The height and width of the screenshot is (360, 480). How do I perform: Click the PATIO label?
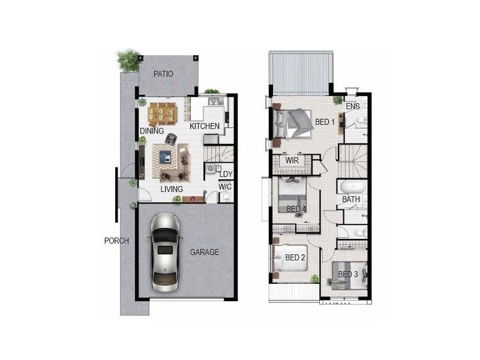pos(163,74)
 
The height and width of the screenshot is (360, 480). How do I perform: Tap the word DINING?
pos(152,131)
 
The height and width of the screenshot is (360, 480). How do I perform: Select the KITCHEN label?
pos(205,127)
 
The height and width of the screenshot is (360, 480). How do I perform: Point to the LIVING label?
pos(172,189)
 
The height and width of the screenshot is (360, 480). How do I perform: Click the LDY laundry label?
pos(226,175)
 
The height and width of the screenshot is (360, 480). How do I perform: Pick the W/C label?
pos(225,187)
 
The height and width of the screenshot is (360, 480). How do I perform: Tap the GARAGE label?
pos(205,252)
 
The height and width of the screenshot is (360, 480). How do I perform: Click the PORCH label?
pos(116,241)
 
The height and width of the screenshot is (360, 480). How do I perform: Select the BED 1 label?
pos(325,122)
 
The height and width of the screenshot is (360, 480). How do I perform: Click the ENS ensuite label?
pos(353,107)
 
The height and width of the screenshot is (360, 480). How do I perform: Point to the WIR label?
pos(292,161)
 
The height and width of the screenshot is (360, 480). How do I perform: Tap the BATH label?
pos(351,199)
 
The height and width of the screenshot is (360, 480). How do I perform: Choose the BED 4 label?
pos(296,209)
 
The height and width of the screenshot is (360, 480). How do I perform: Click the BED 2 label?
pos(295,257)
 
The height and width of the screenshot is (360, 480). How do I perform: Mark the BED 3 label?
pos(348,275)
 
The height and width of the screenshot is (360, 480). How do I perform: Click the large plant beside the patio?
pos(128,60)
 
